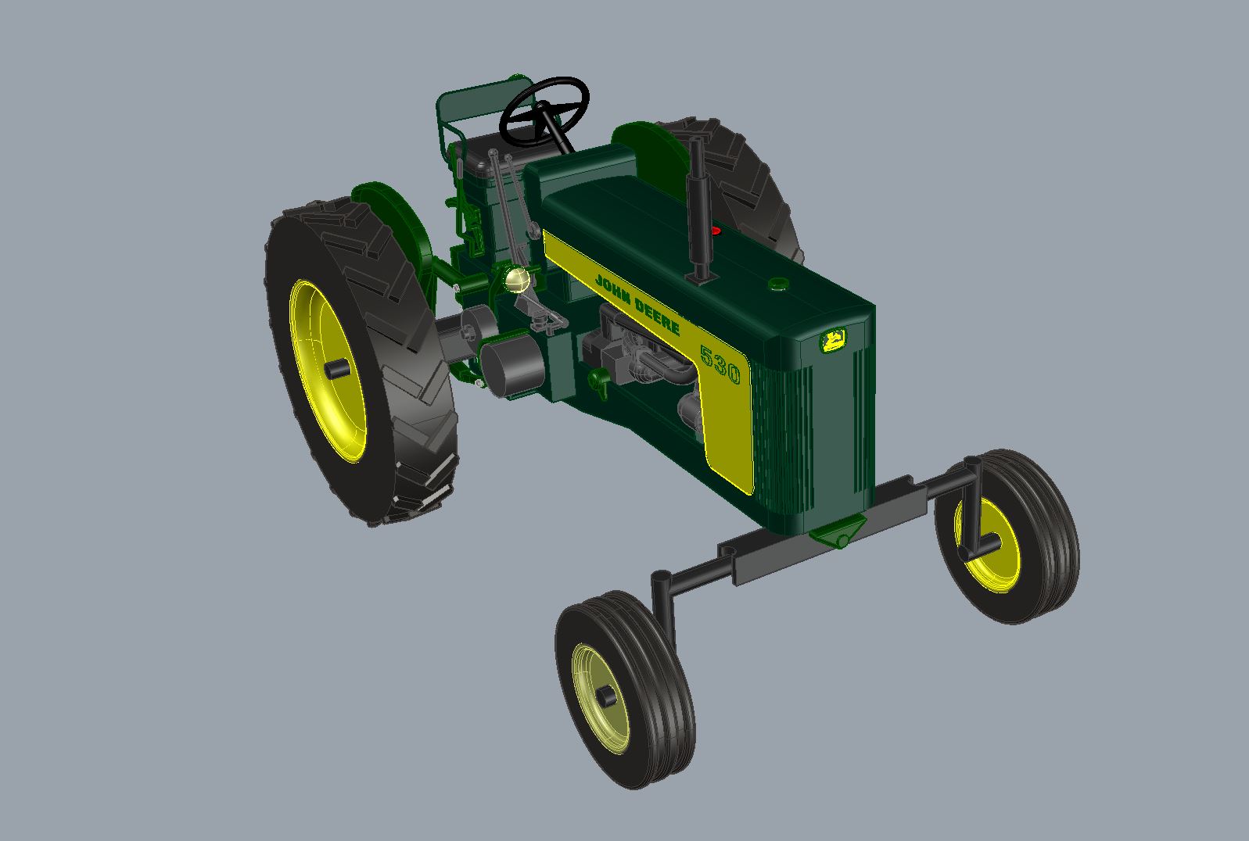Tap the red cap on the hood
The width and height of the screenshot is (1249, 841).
716,230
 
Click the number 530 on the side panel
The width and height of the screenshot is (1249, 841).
720,364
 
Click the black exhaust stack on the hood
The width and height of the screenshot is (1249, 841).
698,211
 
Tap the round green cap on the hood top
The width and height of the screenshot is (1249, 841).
778,284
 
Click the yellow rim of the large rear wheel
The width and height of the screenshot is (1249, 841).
327,370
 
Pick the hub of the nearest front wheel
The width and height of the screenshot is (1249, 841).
605,696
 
